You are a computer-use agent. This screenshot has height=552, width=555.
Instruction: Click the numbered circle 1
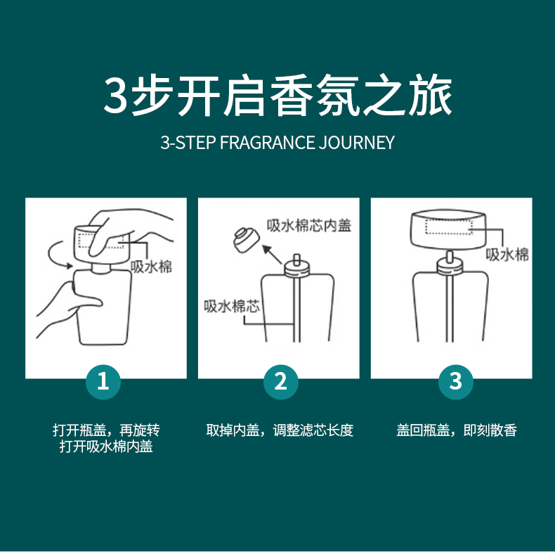point(103,382)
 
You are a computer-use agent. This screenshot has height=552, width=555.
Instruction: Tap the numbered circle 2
point(281,382)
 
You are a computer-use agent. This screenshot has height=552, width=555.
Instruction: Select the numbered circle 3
point(455,382)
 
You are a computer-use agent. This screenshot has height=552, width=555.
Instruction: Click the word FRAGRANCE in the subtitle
point(267,143)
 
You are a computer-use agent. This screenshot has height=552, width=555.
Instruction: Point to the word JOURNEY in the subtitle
point(356,143)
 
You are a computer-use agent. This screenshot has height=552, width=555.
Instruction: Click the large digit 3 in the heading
point(115,95)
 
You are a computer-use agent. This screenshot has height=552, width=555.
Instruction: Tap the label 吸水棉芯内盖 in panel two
point(308,225)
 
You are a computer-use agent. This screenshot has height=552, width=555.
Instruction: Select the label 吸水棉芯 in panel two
point(232,306)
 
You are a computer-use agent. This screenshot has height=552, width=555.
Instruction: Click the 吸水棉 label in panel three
point(507,255)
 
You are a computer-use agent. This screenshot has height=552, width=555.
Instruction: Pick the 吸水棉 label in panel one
point(151,267)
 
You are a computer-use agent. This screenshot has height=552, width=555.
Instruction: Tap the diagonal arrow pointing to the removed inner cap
point(272,254)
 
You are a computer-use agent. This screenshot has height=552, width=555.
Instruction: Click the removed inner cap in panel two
point(246,240)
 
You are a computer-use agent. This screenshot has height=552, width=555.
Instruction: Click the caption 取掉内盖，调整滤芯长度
point(280,430)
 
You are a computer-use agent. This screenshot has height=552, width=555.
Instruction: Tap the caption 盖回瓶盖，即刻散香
point(457,430)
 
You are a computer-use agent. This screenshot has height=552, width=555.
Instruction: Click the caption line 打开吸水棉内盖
point(106,447)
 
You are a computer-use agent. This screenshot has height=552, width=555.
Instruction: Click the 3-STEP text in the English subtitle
point(188,143)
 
